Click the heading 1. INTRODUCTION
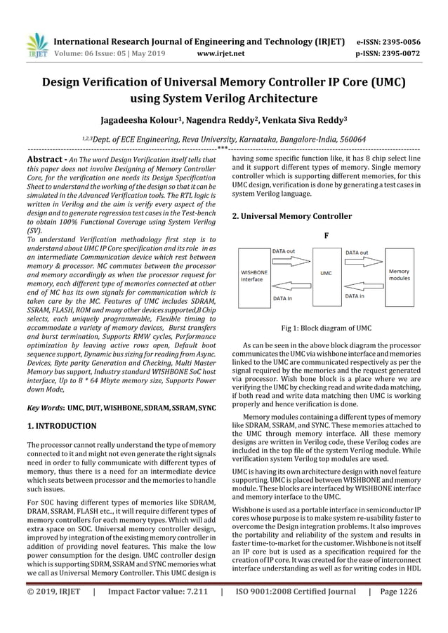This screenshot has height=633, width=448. [x=61, y=425]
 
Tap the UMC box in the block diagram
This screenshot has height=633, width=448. [x=326, y=274]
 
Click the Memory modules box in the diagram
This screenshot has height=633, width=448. [x=399, y=274]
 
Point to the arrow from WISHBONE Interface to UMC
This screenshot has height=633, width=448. [x=289, y=260]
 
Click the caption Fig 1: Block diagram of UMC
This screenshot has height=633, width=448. [x=326, y=328]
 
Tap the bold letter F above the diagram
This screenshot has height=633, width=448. [x=326, y=236]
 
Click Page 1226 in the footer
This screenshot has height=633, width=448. [x=399, y=611]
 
